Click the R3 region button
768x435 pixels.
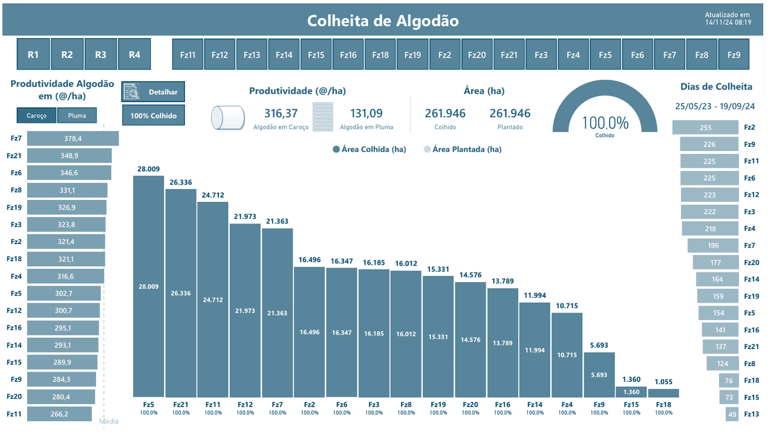coord(100,54)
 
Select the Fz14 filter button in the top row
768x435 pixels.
coord(284,55)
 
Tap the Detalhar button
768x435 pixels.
coord(154,92)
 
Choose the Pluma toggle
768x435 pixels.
coord(77,115)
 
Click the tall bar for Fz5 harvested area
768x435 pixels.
coord(148,286)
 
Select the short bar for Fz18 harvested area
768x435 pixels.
coord(663,393)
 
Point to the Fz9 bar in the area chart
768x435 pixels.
coord(599,375)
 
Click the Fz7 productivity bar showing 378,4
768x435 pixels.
coord(73,139)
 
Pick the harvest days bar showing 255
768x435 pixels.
coord(706,127)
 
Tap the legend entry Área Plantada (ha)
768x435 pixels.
coord(466,149)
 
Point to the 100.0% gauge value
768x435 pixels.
coord(605,123)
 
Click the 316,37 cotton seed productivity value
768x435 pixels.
coord(281,113)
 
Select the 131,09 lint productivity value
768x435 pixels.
coord(366,113)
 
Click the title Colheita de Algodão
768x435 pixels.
coord(383,21)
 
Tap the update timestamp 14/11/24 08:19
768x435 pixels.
coord(728,22)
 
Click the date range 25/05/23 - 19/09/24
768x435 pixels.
coord(715,106)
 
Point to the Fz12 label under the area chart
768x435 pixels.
coord(245,405)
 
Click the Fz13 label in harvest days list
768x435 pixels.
coord(751,414)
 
